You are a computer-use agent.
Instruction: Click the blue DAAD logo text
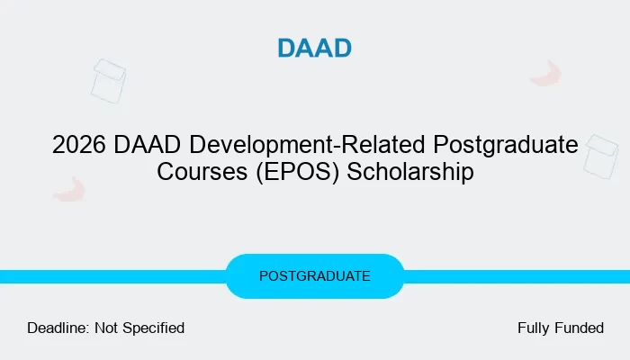pos(315,49)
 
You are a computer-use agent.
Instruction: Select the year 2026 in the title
pos(79,145)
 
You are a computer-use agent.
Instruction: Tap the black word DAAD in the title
pos(147,145)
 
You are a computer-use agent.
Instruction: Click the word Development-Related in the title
pos(307,145)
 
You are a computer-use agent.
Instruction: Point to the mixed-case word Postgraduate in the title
pos(506,146)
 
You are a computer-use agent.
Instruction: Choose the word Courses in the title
pos(202,172)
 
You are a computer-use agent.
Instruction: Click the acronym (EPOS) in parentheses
pos(297,173)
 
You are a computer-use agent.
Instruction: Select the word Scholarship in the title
pos(410,173)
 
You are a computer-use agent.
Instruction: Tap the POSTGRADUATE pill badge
pos(315,276)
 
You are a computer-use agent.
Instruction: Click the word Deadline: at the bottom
pos(58,328)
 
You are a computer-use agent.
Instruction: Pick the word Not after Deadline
pos(106,328)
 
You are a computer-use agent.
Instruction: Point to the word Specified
pos(154,328)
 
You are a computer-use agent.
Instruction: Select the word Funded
pos(580,328)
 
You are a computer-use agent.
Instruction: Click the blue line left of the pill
pos(112,277)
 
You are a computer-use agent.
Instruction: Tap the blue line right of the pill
pos(517,277)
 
